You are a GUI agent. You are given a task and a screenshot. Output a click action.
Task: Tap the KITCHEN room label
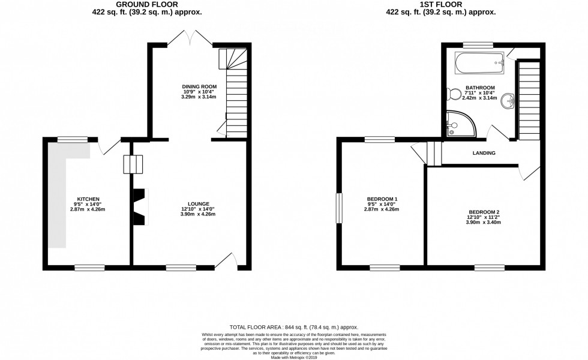(88, 199)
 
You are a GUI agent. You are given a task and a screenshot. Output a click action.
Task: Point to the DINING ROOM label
(199, 87)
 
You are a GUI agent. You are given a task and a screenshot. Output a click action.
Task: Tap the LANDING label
(484, 153)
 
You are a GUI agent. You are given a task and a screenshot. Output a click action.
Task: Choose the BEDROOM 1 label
(382, 199)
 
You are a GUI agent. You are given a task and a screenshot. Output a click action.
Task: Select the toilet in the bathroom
(454, 93)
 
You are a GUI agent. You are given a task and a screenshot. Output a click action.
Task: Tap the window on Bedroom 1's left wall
(338, 207)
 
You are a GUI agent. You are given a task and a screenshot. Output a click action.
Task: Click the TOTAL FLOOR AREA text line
(293, 324)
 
